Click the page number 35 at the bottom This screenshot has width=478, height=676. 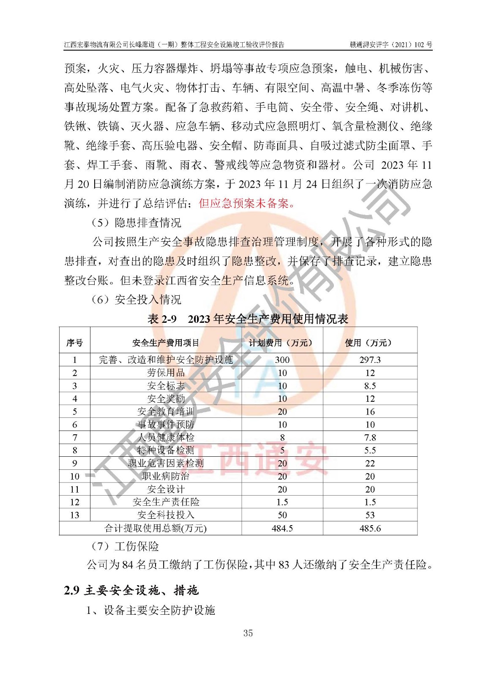pos(248,633)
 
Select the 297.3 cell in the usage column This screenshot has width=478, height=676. pos(370,360)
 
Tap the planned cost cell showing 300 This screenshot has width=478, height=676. pos(282,360)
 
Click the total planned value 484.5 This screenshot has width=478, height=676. pos(282,529)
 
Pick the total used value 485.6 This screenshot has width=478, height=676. pos(370,529)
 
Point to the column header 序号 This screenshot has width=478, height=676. pos(75,343)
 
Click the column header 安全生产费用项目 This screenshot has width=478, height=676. pos(166,343)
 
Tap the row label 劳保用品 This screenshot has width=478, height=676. pos(166,373)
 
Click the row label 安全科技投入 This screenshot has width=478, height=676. pos(166,515)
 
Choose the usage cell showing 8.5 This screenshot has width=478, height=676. pos(370,386)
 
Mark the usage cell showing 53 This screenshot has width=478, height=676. pos(370,515)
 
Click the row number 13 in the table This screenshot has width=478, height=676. pos(75,515)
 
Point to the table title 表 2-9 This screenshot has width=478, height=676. pos(162,319)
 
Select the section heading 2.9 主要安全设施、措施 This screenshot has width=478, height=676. pos(131,590)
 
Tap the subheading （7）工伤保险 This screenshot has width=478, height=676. pos(125,546)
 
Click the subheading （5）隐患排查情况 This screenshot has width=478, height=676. pos(136,223)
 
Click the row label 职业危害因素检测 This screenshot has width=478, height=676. pos(166,463)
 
